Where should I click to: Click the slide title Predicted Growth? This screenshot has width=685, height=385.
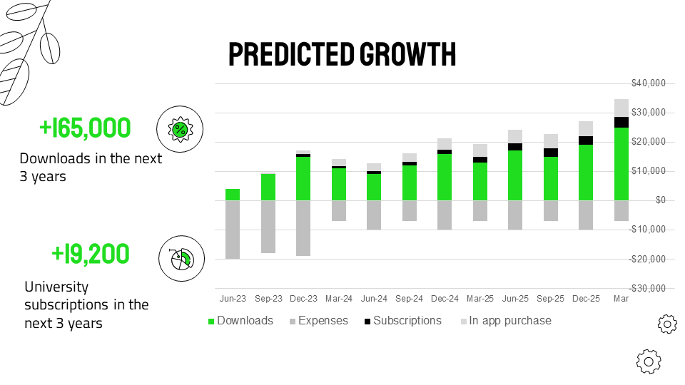pyautogui.click(x=342, y=55)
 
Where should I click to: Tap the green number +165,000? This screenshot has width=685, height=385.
pyautogui.click(x=85, y=128)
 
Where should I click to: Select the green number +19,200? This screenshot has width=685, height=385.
pyautogui.click(x=91, y=253)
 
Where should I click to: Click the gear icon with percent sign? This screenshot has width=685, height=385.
pyautogui.click(x=180, y=130)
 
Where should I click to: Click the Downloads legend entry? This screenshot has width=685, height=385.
pyautogui.click(x=241, y=321)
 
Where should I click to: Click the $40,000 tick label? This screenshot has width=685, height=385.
pyautogui.click(x=648, y=83)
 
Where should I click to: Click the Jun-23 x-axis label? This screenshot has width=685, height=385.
pyautogui.click(x=233, y=299)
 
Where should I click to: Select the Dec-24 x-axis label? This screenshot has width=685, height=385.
pyautogui.click(x=445, y=299)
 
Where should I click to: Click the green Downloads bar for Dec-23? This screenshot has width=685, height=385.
pyautogui.click(x=303, y=178)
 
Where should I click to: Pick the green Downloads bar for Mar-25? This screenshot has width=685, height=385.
pyautogui.click(x=479, y=182)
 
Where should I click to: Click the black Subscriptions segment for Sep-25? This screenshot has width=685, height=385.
pyautogui.click(x=550, y=153)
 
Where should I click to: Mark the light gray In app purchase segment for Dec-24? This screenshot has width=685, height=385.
pyautogui.click(x=445, y=144)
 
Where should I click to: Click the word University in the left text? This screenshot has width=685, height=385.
pyautogui.click(x=56, y=287)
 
